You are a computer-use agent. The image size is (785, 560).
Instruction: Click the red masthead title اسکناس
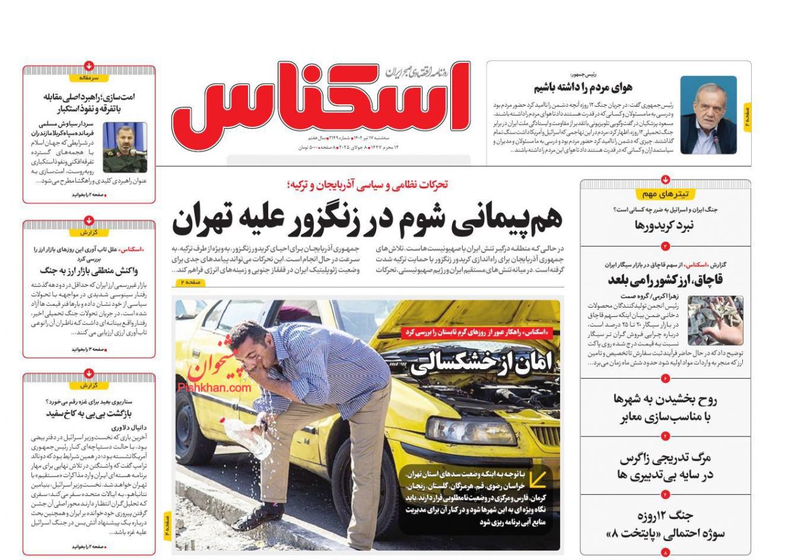pos(320,100)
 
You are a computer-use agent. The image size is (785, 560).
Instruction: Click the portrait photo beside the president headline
pos(708,116)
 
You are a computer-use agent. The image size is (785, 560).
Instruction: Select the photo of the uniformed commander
pos(125,148)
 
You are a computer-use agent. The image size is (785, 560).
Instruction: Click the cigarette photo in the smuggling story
pos(715,320)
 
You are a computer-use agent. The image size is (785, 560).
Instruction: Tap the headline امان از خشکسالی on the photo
pos(481,363)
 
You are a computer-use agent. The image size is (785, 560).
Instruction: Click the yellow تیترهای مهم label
pos(665,194)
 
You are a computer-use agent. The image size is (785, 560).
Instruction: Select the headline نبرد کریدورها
pos(665,225)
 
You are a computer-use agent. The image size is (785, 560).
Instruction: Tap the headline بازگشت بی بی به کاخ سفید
pos(89,414)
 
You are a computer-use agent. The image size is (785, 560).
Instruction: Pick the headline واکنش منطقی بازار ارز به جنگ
pos(89,271)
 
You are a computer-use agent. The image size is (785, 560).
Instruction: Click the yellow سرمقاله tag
pos(89,78)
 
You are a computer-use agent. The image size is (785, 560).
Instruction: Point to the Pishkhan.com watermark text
pos(214,388)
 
